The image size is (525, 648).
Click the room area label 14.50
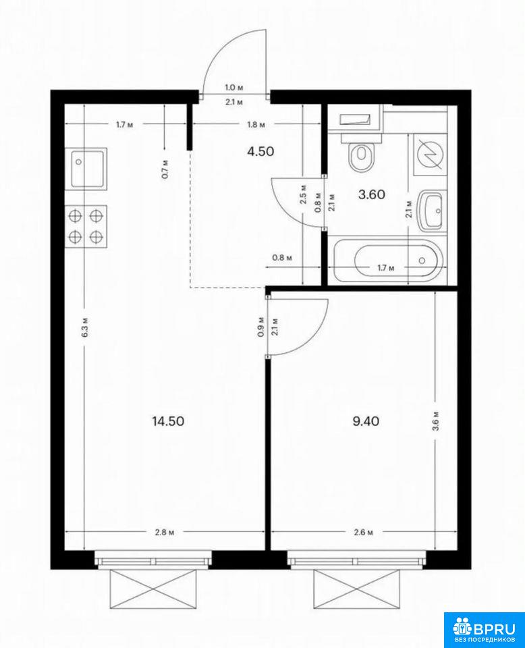coord(168,421)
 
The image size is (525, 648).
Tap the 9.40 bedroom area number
coord(366,421)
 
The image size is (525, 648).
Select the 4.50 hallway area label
coord(260,151)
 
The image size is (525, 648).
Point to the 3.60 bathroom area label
coord(372,194)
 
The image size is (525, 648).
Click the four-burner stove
coord(86,227)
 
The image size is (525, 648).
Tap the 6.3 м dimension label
coord(86,328)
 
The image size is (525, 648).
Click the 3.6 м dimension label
coord(438,421)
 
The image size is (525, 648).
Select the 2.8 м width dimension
coord(165,533)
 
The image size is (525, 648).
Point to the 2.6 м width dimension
coord(364,533)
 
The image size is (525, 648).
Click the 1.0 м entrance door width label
coord(233,88)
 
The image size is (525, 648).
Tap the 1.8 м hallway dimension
coord(256,125)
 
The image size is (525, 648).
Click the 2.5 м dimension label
coord(303,194)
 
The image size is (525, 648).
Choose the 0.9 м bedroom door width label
coord(260,327)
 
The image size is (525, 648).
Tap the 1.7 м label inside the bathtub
coord(386,268)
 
